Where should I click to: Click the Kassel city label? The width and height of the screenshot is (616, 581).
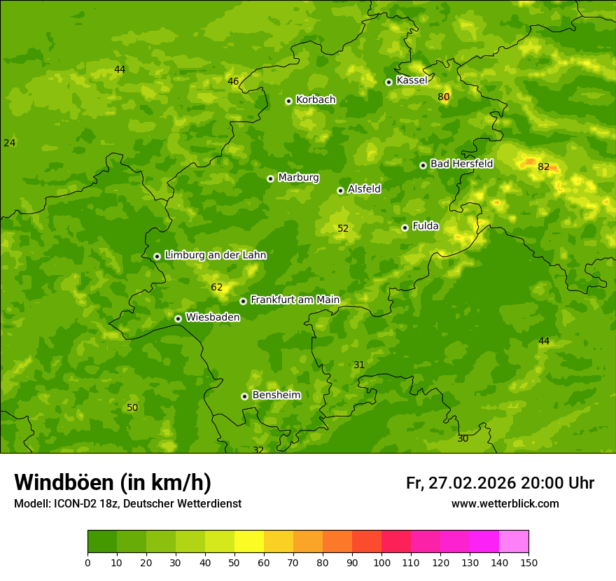[412, 80]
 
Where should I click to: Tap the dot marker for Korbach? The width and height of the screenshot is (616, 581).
[288, 101]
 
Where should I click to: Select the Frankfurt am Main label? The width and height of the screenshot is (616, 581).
[295, 300]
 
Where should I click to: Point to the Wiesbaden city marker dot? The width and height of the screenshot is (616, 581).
[178, 318]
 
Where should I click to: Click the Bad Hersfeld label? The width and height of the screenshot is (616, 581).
[461, 164]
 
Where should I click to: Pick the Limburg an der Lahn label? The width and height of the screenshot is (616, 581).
[215, 255]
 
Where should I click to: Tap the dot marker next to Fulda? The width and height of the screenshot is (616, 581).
[405, 227]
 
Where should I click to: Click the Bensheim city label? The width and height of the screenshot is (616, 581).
[276, 395]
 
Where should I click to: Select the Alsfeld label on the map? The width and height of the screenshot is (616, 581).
[364, 189]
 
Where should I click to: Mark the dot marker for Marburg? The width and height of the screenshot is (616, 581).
[270, 178]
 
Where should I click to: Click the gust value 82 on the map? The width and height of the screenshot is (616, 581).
[543, 167]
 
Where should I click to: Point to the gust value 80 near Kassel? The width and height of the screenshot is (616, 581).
[443, 97]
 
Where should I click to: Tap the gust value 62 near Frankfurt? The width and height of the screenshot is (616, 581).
[216, 287]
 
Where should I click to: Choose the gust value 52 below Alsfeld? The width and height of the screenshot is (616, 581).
[343, 228]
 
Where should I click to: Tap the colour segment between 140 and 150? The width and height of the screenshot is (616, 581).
[514, 542]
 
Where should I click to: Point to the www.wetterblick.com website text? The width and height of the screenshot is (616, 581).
[505, 503]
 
